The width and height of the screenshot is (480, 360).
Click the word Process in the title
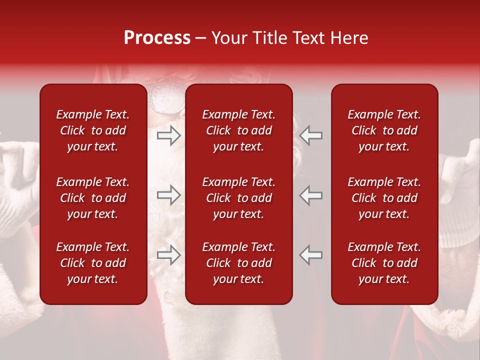click(x=157, y=38)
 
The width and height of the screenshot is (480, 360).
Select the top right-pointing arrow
click(x=168, y=135)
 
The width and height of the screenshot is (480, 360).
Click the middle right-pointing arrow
click(x=168, y=195)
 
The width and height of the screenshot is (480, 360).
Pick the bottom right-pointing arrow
click(x=168, y=255)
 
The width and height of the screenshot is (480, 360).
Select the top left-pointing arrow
click(x=311, y=135)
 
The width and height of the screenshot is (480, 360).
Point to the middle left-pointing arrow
click(x=311, y=195)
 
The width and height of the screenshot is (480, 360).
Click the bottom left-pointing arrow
click(x=311, y=255)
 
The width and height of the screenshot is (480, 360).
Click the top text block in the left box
click(x=93, y=130)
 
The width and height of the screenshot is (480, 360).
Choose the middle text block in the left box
click(x=93, y=198)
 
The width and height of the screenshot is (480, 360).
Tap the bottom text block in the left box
click(x=93, y=263)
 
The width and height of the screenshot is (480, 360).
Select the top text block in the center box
click(x=239, y=130)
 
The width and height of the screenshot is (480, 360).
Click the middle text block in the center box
click(x=239, y=198)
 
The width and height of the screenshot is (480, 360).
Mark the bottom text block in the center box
click(x=239, y=263)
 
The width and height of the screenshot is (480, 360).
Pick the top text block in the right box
click(x=384, y=130)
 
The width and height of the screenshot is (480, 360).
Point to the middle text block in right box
click(x=384, y=198)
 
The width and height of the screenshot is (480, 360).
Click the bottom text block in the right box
click(x=384, y=263)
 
